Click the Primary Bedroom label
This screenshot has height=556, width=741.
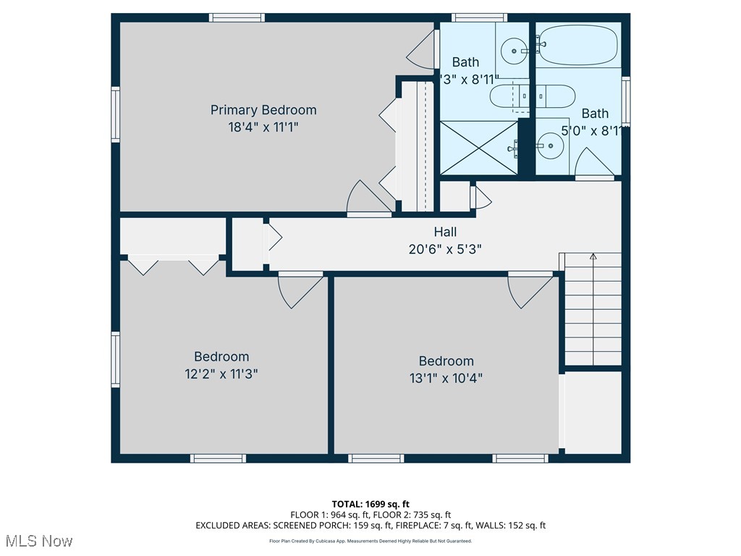(263, 110)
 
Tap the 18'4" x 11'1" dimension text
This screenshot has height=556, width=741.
(263, 127)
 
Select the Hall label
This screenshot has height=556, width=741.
(445, 232)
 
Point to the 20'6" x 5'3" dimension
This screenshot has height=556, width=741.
(445, 248)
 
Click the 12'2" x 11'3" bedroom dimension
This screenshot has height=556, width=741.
(221, 374)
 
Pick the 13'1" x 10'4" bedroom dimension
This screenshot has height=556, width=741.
(446, 378)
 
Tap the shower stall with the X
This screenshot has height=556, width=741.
(480, 147)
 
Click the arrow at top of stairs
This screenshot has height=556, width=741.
(593, 256)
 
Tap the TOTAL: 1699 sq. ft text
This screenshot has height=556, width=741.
(370, 504)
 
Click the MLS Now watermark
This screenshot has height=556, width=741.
(39, 541)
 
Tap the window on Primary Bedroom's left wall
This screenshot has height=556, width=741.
(114, 114)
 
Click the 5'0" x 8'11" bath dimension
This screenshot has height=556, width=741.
(593, 131)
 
